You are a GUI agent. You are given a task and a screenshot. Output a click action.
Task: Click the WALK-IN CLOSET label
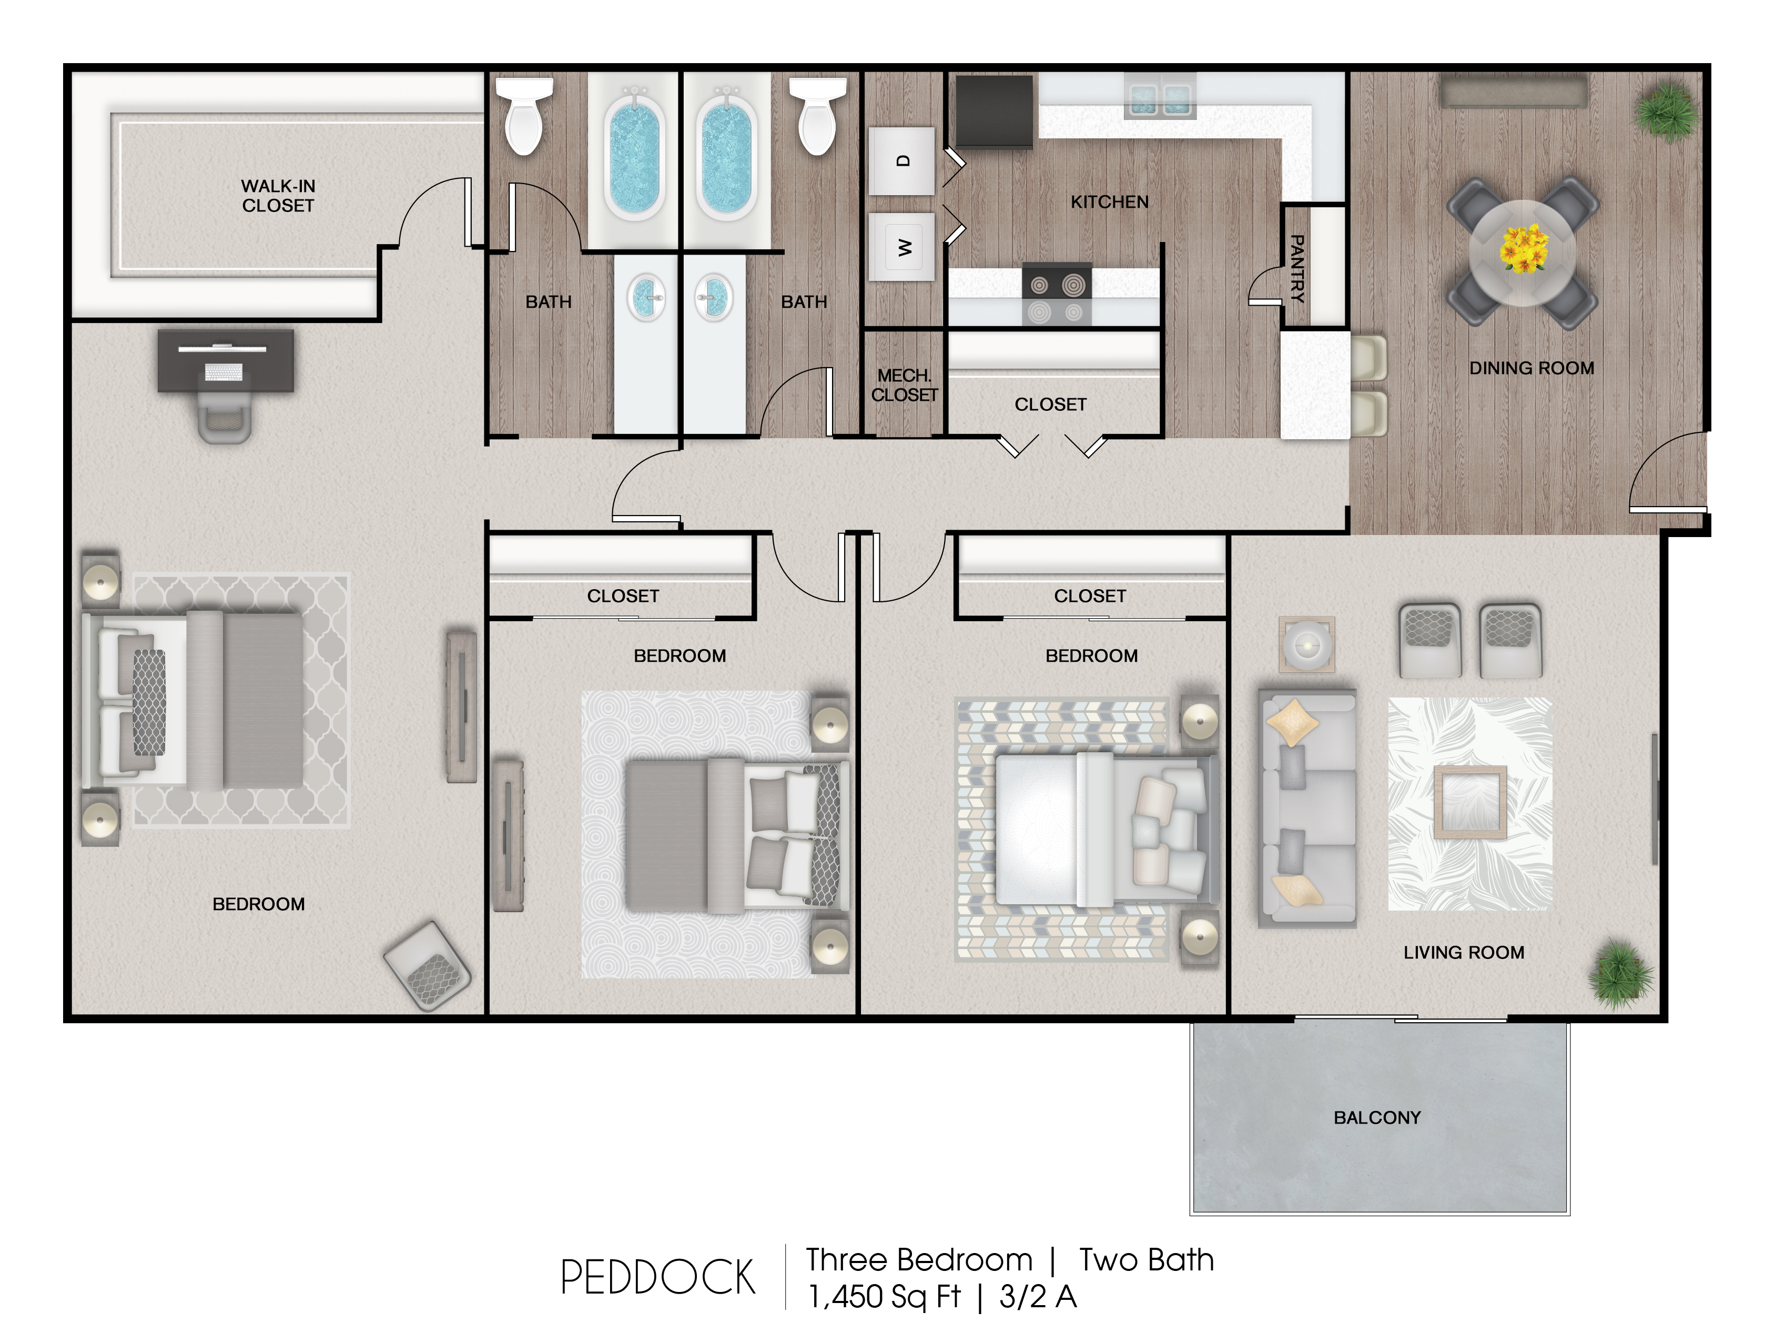278,196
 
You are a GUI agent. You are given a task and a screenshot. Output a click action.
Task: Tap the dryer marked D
902,160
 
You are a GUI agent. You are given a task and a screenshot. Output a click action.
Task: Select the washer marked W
902,246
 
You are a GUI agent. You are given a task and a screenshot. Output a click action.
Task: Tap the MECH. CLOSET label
905,385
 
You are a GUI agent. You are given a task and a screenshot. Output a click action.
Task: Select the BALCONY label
1377,1117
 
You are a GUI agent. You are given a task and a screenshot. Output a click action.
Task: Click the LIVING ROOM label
1464,953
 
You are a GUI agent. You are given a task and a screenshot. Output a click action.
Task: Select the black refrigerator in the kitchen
993,112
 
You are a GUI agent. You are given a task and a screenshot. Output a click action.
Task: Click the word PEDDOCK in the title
658,1278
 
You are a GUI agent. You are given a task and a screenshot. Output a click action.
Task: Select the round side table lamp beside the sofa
1306,644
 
